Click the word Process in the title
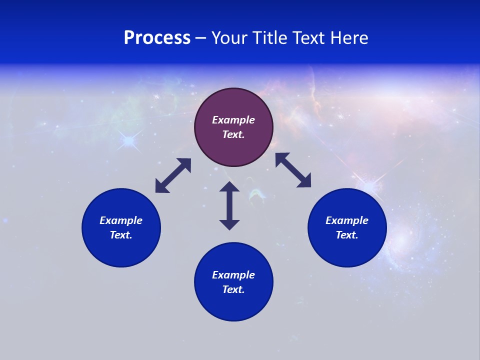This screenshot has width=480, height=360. coord(157,38)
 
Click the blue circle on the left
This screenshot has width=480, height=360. coord(121,250)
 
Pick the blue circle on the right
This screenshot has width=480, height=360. coord(347,250)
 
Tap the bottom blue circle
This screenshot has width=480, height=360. coord(233,305)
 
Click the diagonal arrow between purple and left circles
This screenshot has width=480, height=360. coord(173,175)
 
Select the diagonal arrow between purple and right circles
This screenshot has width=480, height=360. coord(293,170)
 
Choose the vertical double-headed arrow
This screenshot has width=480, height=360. coord(229,205)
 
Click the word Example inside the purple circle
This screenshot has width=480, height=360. coord(233,120)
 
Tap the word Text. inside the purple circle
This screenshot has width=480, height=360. coord(233,134)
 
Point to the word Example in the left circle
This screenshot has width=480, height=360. coord(121,220)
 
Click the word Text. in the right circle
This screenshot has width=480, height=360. coord(347,235)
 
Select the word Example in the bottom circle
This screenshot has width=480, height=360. coord(233,275)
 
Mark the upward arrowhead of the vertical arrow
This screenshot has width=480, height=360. coord(229,187)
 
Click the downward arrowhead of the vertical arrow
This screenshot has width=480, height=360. coord(229,224)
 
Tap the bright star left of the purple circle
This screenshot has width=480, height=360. coord(129,141)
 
